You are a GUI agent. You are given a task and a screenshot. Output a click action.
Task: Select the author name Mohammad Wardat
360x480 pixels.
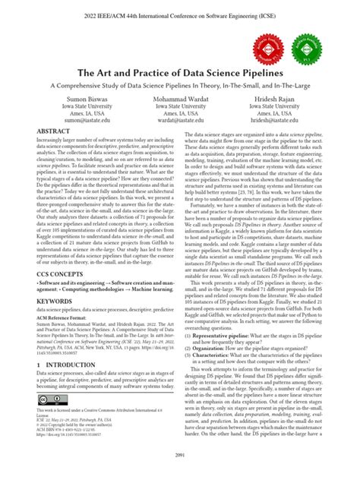click(179, 99)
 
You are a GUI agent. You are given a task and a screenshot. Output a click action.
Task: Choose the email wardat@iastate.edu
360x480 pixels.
click(179, 120)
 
